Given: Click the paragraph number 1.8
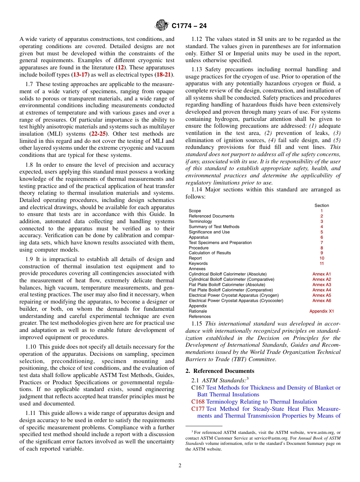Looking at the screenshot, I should [30, 165].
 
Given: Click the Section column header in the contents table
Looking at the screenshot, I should [322, 205].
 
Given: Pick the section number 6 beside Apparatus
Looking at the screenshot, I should [322, 237].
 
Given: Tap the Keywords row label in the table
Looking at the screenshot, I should [198, 263].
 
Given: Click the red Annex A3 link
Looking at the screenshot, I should [321, 285].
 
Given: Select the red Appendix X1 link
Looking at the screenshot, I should [321, 311].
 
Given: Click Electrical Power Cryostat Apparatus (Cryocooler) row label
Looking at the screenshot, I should [236, 300].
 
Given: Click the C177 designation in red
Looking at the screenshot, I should [198, 409].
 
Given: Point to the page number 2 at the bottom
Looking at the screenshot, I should [180, 466].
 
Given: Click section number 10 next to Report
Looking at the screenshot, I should [322, 258].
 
